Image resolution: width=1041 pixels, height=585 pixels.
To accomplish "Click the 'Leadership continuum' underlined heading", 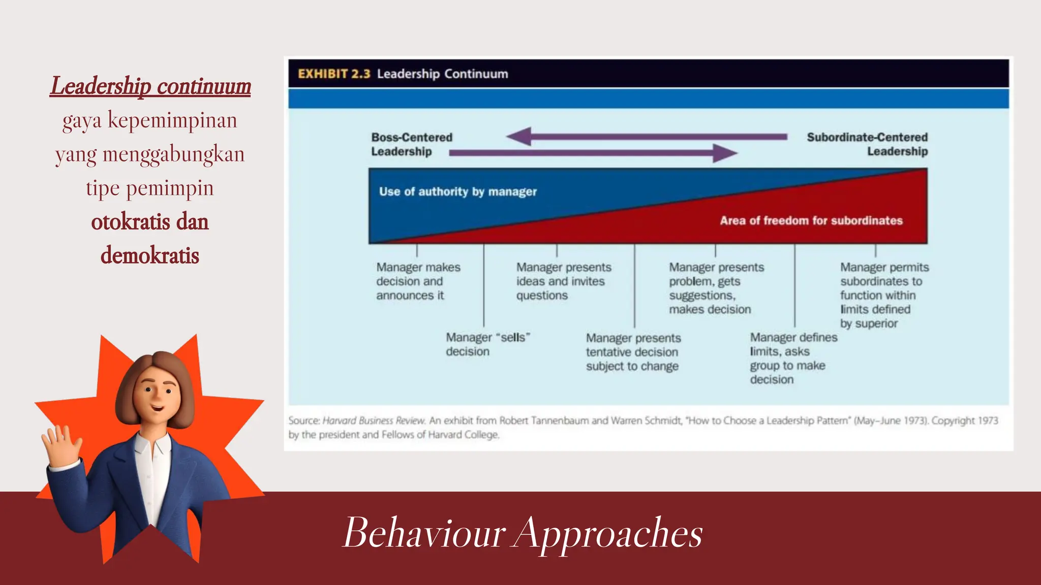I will click(150, 86).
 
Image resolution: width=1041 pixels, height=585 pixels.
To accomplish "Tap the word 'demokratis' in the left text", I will click(150, 255).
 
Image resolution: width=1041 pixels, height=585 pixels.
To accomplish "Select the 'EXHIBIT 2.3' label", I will click(334, 74).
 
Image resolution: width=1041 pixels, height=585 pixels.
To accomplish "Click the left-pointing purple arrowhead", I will click(520, 137).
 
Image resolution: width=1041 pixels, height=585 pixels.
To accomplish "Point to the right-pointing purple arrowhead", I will click(724, 152).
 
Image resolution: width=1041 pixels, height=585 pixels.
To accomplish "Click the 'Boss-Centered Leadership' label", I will click(411, 144).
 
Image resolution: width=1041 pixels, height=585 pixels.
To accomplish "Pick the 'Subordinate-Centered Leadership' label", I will click(867, 144).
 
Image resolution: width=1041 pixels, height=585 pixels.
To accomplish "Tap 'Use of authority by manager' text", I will click(457, 191).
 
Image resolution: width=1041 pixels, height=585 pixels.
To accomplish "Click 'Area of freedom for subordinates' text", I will click(811, 220).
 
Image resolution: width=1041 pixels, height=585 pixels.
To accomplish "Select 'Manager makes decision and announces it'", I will click(418, 281).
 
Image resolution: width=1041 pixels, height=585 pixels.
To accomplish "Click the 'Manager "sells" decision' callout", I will click(487, 344).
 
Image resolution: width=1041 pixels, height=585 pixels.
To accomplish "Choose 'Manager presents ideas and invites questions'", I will click(563, 281).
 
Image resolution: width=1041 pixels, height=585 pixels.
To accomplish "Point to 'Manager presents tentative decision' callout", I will click(633, 352).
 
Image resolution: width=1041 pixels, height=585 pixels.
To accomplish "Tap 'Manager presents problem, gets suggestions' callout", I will click(716, 288).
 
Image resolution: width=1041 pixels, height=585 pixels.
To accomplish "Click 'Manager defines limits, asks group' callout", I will click(793, 358).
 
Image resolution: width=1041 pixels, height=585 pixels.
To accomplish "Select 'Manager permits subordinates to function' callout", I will click(883, 295).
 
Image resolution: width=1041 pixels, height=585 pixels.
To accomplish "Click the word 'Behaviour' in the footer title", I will click(424, 533).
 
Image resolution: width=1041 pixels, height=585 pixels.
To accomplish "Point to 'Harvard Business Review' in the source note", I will click(374, 420).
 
